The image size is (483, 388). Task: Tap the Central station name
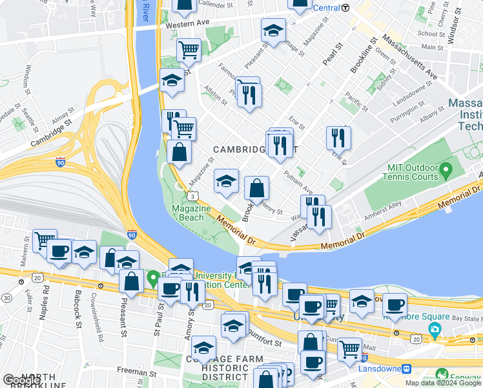click(x=326, y=8)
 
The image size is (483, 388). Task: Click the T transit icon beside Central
click(x=345, y=8)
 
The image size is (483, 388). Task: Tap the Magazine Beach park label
click(x=191, y=213)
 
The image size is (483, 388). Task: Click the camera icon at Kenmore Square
click(x=435, y=331)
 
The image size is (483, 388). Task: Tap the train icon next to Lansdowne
click(x=407, y=369)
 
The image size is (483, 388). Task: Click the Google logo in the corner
click(x=21, y=380)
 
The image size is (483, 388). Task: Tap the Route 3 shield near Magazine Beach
click(x=192, y=196)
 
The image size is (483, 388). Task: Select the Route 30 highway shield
click(x=6, y=297)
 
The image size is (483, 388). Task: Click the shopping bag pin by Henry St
click(x=256, y=189)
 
